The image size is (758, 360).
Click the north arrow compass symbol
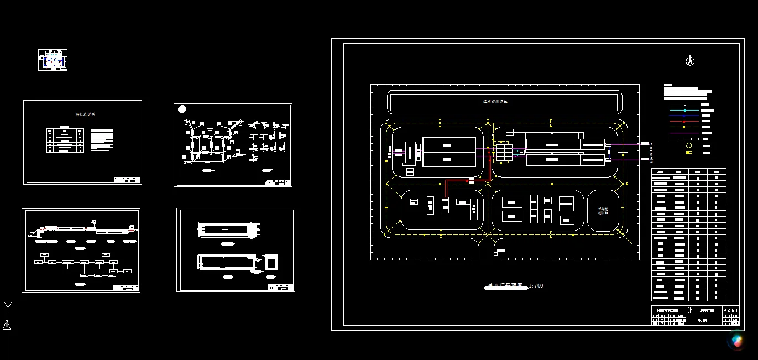click(x=689, y=60)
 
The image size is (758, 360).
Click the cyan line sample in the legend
click(x=684, y=111)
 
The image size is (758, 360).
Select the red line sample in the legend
click(x=684, y=121)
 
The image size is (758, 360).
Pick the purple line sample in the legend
click(x=684, y=133)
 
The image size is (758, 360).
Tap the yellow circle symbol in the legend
click(x=689, y=145)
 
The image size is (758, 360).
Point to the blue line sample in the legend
click(x=684, y=116)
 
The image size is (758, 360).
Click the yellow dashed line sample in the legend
click(x=684, y=127)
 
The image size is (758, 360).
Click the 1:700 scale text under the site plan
click(x=536, y=286)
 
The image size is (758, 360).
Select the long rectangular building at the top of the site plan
click(x=503, y=102)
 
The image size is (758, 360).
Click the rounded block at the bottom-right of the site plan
click(x=603, y=211)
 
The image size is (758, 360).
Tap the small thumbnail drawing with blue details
click(x=53, y=60)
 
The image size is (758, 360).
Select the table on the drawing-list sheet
click(x=65, y=140)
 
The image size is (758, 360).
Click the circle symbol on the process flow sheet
click(x=94, y=222)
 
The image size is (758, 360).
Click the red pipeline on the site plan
click(x=467, y=180)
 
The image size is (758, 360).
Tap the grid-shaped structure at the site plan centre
click(x=504, y=150)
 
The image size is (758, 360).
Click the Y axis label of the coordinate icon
click(x=8, y=307)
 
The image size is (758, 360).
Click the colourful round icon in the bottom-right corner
click(x=737, y=340)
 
